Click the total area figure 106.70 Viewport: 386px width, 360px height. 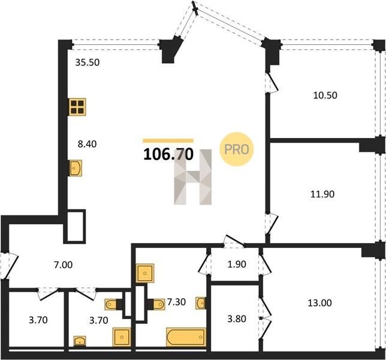click(x=168, y=154)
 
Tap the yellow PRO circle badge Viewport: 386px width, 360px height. click(x=236, y=149)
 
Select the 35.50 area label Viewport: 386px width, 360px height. click(x=88, y=62)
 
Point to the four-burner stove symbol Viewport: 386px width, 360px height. click(x=77, y=107)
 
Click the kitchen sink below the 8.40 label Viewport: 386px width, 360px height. click(x=75, y=168)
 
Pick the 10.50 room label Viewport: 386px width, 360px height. click(x=325, y=95)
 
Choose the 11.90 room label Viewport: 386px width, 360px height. click(x=322, y=194)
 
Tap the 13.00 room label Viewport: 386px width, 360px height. click(x=320, y=302)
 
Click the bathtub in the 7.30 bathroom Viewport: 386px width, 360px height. click(x=186, y=337)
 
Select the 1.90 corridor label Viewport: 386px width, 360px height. click(x=237, y=264)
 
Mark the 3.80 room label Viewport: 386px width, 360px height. click(x=237, y=319)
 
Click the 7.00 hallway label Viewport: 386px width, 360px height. click(x=64, y=265)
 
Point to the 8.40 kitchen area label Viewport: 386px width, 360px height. click(x=87, y=144)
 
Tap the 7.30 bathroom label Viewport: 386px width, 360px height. click(x=176, y=302)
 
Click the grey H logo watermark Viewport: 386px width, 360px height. click(x=193, y=177)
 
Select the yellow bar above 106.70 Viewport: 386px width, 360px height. click(x=168, y=140)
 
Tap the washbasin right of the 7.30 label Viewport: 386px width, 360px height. click(x=201, y=303)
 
